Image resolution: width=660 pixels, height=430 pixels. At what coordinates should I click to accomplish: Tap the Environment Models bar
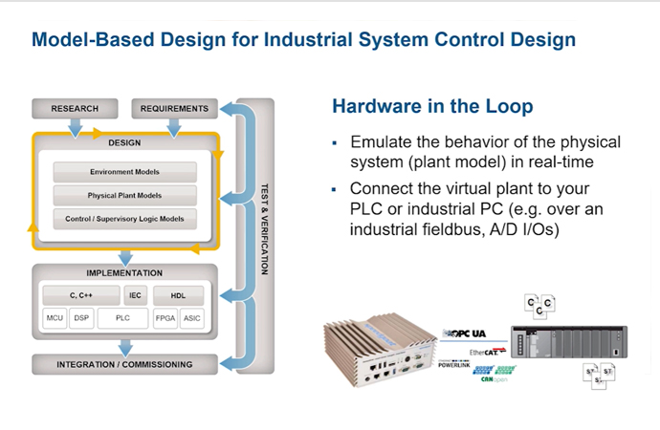tap(125, 172)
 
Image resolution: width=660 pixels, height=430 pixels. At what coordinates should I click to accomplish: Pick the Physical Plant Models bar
tap(125, 195)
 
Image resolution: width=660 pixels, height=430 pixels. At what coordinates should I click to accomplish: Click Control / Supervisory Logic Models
tap(125, 219)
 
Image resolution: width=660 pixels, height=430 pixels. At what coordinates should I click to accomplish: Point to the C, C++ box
tap(80, 295)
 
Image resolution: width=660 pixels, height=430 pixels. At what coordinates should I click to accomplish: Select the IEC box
tap(135, 295)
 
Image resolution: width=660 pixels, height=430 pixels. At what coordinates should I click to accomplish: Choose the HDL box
tap(178, 295)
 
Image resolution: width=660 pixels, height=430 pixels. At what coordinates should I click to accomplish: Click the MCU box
tap(55, 317)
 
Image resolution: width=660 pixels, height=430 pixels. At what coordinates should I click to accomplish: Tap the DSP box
tap(83, 317)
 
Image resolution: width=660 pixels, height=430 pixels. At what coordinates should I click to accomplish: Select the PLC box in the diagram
tap(123, 317)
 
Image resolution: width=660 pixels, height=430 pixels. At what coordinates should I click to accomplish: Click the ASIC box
tap(192, 317)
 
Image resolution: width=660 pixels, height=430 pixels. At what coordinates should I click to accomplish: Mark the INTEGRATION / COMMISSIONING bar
tap(124, 364)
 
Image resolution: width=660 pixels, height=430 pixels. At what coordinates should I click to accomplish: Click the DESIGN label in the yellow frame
tap(124, 143)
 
